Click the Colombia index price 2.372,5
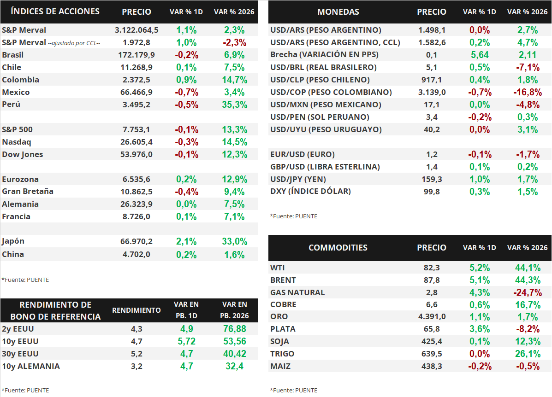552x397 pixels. [136, 80]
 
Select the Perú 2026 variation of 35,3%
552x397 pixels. [234, 105]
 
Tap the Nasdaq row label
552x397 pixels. [17, 142]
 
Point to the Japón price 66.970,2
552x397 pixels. [136, 241]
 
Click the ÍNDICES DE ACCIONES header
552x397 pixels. [55, 12]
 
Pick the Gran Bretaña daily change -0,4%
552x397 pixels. [187, 192]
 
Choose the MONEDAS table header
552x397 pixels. [338, 12]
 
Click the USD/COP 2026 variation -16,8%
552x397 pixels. [528, 92]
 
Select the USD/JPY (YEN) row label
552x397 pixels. [298, 179]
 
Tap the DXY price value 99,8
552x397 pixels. [432, 192]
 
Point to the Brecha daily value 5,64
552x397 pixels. [480, 55]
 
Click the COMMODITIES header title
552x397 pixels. [338, 248]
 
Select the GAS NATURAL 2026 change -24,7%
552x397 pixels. [528, 292]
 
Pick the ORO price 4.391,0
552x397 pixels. [432, 316]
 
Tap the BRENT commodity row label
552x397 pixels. [283, 280]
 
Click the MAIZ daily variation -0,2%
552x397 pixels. [480, 366]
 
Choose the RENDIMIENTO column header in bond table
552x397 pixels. [136, 310]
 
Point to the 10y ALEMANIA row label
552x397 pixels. [31, 366]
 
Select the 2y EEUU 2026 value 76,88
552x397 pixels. [234, 329]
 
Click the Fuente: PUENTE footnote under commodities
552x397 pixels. [294, 390]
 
